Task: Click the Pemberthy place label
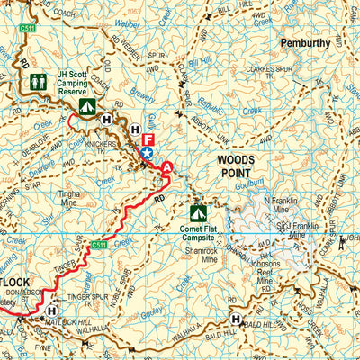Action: pos(305,41)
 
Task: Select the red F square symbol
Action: pos(149,139)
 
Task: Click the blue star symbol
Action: pos(147,154)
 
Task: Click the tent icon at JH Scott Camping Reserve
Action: pos(86,106)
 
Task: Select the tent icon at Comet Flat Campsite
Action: pos(198,213)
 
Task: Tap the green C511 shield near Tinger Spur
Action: pos(99,244)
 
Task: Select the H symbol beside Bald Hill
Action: pos(236,319)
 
